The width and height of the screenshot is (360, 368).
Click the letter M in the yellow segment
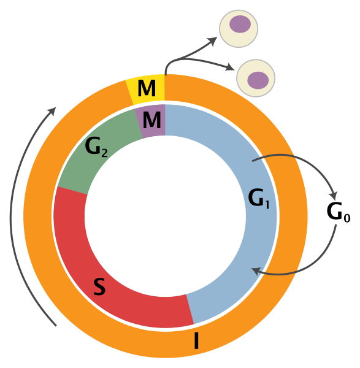click(147, 90)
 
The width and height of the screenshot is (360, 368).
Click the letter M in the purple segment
click(151, 120)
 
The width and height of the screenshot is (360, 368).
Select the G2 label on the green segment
click(97, 148)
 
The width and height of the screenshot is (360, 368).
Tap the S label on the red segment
click(99, 286)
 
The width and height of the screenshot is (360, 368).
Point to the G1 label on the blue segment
click(258, 197)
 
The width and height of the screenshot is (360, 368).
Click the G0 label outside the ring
click(338, 212)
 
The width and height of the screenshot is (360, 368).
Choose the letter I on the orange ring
click(196, 340)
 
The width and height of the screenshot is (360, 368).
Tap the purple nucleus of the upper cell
click(240, 25)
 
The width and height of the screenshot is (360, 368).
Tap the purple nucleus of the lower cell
click(258, 79)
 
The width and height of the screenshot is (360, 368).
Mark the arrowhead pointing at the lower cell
click(231, 67)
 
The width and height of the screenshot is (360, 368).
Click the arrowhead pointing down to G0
click(333, 188)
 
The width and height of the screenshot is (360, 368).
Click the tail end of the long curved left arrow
click(56, 326)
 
